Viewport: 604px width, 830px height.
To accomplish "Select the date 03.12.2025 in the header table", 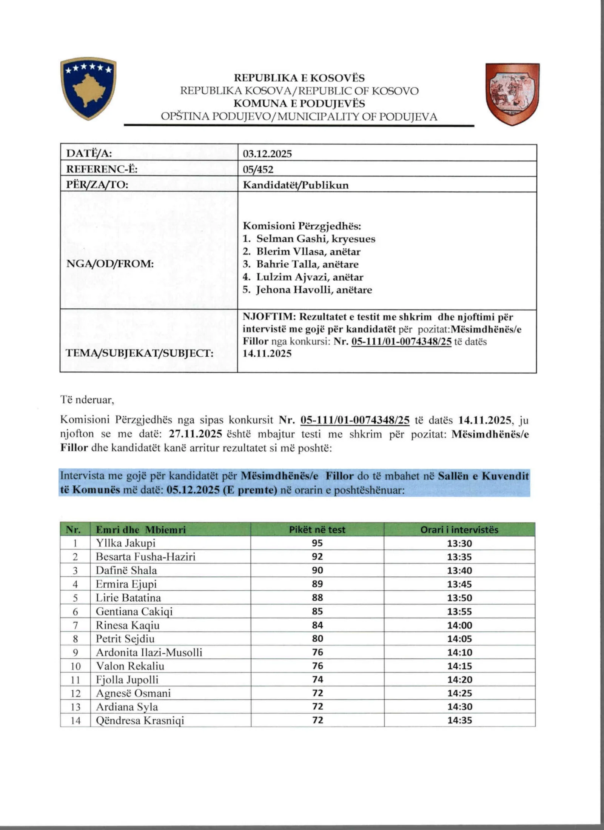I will (x=267, y=154).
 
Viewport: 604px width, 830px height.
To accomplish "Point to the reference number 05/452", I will (x=258, y=169).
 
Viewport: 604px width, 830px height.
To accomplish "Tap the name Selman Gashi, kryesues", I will (x=316, y=239).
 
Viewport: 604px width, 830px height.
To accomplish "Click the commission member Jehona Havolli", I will (x=314, y=290).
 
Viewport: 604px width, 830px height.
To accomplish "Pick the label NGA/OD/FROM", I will (x=110, y=264).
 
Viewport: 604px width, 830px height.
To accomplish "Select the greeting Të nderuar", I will (x=87, y=400).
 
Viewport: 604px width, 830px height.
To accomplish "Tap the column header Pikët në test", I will (x=317, y=530).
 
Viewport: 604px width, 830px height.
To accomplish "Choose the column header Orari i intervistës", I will (x=459, y=530).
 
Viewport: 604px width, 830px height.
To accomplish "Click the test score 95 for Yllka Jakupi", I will (x=317, y=543).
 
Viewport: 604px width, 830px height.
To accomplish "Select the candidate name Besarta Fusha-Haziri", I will (x=146, y=557).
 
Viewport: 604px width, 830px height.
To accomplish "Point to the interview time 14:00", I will (x=459, y=625).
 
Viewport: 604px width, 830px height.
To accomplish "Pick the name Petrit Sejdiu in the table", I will (x=125, y=639).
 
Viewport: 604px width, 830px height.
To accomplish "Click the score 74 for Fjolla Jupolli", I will (x=317, y=679).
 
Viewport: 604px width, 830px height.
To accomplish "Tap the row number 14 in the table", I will (x=75, y=721).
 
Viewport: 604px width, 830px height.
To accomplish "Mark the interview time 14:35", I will (x=459, y=720).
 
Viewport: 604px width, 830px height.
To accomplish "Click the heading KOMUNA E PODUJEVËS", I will (x=299, y=103).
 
